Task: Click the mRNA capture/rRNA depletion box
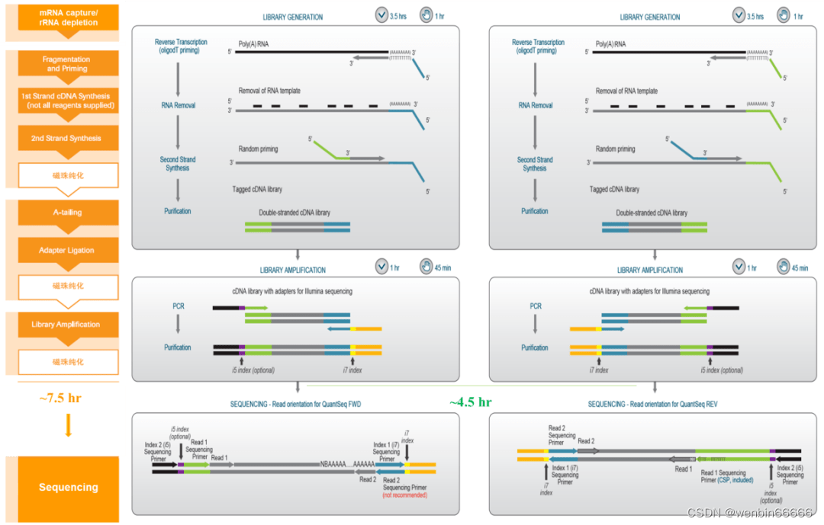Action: [x=69, y=18]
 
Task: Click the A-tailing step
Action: [x=67, y=213]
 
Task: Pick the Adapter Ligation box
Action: [x=67, y=250]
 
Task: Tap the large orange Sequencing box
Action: [x=68, y=488]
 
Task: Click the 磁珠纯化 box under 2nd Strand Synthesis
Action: [x=68, y=175]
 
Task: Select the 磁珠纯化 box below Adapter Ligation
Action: [x=68, y=287]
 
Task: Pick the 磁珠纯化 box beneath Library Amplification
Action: [x=68, y=362]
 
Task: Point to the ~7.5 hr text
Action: [x=60, y=398]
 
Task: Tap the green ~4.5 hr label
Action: [x=470, y=402]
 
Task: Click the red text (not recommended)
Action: [x=405, y=495]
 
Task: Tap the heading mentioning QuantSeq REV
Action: [x=652, y=404]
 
